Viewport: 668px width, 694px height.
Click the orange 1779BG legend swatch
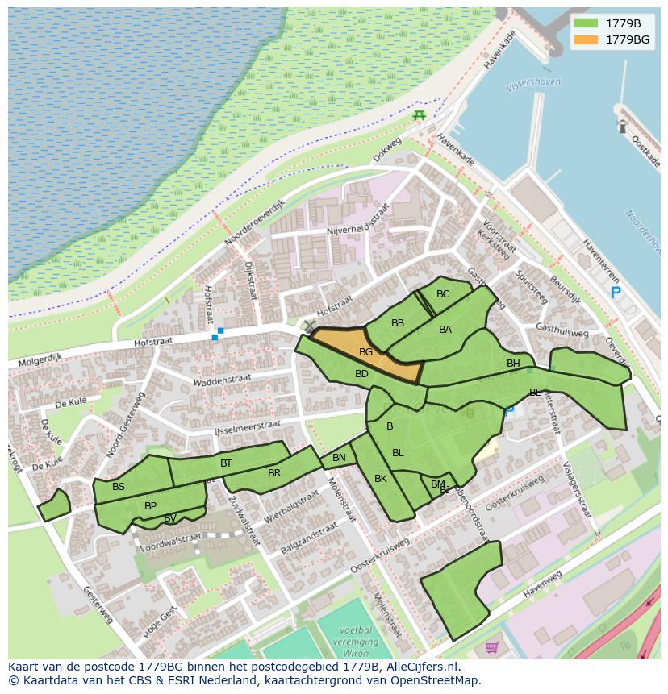point(587,39)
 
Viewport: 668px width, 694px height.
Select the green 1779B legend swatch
point(587,23)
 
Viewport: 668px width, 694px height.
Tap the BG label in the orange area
point(365,352)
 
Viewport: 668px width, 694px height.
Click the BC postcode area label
point(443,294)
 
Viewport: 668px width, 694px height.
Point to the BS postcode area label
point(119,487)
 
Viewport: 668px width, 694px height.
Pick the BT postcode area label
point(226,463)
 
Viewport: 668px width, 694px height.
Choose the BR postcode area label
point(274,473)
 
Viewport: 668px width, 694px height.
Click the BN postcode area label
point(339,458)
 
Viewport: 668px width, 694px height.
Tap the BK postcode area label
point(381,479)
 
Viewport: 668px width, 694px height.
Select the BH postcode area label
point(513,364)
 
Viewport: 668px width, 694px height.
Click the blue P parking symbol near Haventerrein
point(616,293)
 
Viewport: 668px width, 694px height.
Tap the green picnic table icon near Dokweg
point(419,116)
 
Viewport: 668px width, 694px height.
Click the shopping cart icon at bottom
point(491,646)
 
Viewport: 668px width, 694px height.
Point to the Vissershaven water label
point(533,83)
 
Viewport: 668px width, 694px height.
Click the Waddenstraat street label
point(223,379)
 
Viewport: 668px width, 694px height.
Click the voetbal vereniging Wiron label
point(356,640)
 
